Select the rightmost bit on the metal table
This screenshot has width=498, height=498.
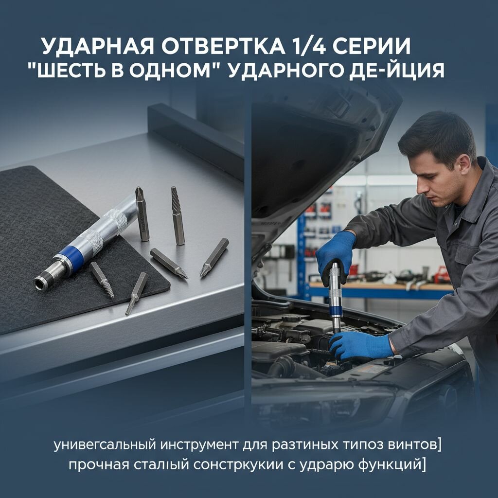pyautogui.click(x=214, y=257)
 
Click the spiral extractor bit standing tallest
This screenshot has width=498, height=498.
pyautogui.click(x=178, y=215)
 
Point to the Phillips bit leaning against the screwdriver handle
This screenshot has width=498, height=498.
pyautogui.click(x=142, y=214)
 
